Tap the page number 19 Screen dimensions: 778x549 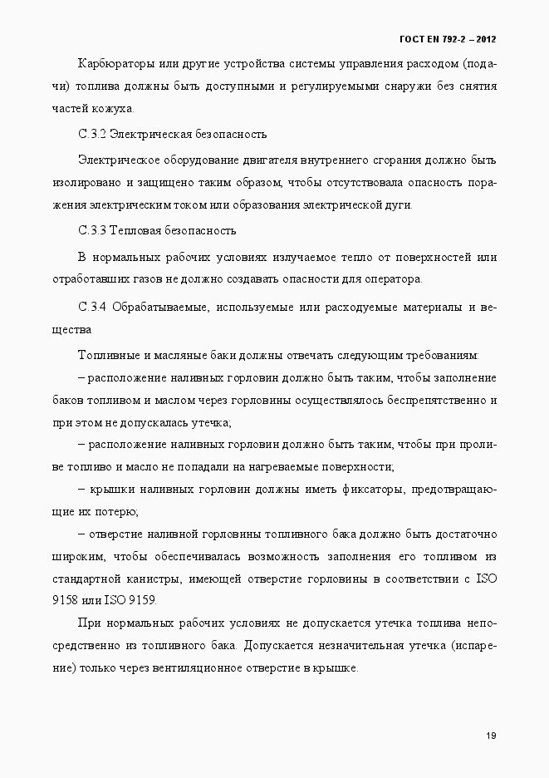coord(491,736)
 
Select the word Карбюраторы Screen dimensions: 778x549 coord(113,64)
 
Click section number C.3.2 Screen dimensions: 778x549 coord(92,134)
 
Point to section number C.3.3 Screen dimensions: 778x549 coord(92,230)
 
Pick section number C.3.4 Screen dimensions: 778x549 coord(92,308)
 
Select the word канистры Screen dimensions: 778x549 coord(195,578)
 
